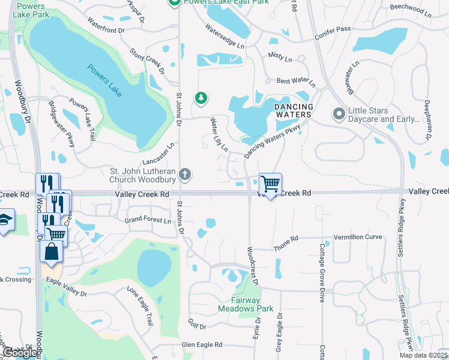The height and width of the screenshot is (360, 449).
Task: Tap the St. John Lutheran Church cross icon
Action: click(185, 175)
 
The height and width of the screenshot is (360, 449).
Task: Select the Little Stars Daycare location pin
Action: click(339, 113)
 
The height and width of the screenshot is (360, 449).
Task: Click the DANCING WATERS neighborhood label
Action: click(294, 110)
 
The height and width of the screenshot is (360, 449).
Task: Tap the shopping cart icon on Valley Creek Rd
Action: click(270, 184)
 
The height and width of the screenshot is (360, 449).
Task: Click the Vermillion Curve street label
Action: click(358, 237)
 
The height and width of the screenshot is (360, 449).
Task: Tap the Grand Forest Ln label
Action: click(148, 220)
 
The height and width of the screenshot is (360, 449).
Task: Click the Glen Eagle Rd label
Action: click(202, 344)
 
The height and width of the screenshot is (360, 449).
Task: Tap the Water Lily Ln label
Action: click(218, 135)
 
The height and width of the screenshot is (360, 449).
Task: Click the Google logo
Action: click(20, 353)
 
